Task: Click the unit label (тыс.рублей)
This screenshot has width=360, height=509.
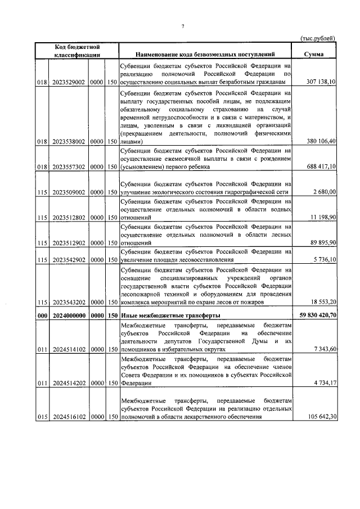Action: tap(317, 38)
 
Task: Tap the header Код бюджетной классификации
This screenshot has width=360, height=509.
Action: tap(78, 51)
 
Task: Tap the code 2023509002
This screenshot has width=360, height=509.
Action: tap(69, 192)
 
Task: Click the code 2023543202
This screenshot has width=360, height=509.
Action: tap(69, 303)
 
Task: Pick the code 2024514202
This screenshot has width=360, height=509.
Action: tap(69, 382)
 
